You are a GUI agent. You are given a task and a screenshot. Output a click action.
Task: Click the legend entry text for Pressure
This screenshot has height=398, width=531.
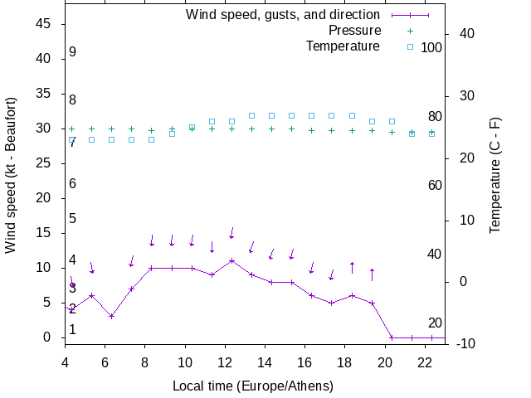coord(353,31)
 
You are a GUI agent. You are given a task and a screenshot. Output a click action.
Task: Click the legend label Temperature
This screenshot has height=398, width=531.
coord(343,46)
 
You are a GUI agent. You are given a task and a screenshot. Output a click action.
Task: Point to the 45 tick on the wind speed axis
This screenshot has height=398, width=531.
coord(46,24)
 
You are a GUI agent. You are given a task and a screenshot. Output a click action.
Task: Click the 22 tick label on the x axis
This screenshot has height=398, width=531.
coord(425,362)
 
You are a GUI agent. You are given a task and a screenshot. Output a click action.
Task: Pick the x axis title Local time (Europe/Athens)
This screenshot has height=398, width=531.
coord(252,386)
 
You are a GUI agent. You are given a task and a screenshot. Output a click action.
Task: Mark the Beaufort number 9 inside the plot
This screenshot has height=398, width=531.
coord(73,52)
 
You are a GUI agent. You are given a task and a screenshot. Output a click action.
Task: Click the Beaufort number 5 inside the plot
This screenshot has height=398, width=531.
coord(73,219)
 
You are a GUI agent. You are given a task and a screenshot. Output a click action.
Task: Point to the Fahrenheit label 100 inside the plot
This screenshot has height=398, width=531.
coord(431,47)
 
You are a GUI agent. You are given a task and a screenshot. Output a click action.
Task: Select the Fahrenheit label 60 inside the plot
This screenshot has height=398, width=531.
coord(435,185)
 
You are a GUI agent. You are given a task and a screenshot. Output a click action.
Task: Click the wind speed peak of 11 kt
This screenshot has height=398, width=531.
coord(232,260)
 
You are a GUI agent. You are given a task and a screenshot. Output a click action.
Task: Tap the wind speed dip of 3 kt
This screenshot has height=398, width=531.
coord(111,316)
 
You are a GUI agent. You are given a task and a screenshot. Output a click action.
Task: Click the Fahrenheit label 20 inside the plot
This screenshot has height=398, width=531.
coord(435,323)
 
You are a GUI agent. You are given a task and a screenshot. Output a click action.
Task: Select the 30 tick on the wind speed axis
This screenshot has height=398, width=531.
coord(46,129)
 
